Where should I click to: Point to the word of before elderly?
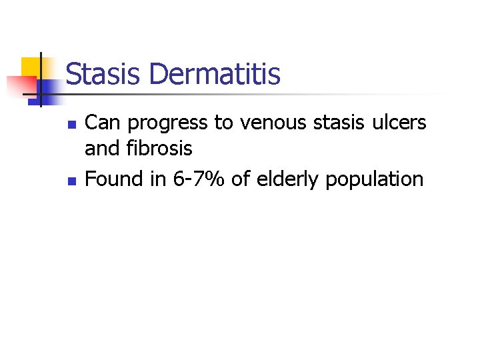tap(241, 179)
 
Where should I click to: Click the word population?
tap(375, 180)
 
